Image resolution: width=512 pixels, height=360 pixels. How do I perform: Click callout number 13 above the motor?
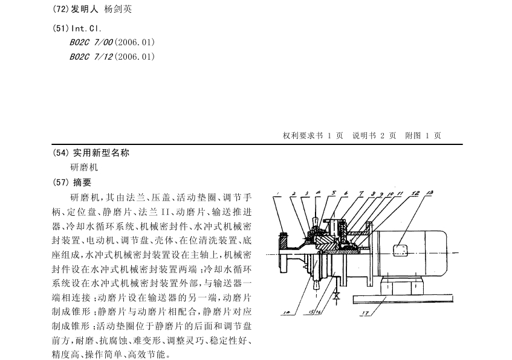click(x=430, y=193)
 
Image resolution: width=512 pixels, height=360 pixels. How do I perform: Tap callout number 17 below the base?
click(x=366, y=313)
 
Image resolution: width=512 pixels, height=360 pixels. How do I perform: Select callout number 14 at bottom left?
click(x=287, y=313)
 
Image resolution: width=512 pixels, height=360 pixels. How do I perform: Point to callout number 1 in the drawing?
click(x=277, y=193)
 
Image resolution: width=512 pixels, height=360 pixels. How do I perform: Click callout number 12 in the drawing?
click(x=415, y=193)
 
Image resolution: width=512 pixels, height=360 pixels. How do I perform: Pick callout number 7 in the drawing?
click(x=361, y=193)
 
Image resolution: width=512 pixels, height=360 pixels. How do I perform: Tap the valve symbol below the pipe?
click(x=336, y=297)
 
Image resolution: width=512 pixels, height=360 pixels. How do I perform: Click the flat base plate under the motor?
click(x=403, y=298)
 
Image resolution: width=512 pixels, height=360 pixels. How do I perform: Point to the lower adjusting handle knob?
click(x=316, y=284)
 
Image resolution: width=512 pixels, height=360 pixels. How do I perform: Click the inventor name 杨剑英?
click(x=118, y=9)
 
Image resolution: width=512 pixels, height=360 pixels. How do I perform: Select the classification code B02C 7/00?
click(x=91, y=42)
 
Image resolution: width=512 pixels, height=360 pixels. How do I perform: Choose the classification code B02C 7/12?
click(x=91, y=57)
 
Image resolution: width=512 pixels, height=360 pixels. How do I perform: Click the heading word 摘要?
click(x=82, y=182)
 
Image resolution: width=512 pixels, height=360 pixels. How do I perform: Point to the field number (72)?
click(x=60, y=9)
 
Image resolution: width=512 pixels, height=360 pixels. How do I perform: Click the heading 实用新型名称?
click(x=101, y=153)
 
